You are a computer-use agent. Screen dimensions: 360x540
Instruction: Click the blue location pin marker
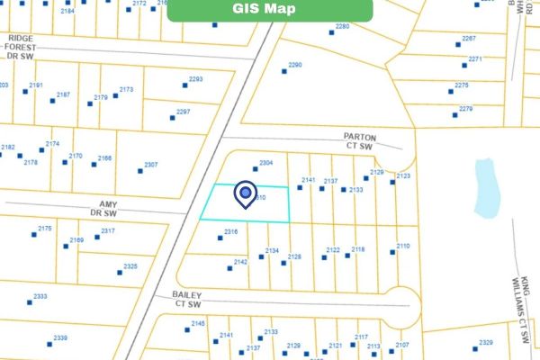coord(245,193)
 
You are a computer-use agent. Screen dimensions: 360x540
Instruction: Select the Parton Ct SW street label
coord(359,140)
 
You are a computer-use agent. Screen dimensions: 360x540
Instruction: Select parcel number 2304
coord(265,163)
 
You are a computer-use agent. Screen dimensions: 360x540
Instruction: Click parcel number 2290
coord(294,65)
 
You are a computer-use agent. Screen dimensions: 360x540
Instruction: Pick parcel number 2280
coord(342,27)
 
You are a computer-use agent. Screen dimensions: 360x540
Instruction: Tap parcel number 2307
coord(150,165)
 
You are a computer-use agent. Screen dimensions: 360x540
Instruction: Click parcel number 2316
coord(230,232)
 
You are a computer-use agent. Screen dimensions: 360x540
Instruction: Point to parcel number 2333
coord(40,296)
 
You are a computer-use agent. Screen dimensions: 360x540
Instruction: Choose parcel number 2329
coord(486,342)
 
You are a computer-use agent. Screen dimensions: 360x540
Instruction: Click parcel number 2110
coord(402,246)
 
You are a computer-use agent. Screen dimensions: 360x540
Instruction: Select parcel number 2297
coord(184,112)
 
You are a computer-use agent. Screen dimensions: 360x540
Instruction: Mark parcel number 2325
coord(130,266)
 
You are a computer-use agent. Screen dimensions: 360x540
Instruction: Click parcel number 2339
coord(60,337)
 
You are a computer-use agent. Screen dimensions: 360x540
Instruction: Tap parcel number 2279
coord(465,108)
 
